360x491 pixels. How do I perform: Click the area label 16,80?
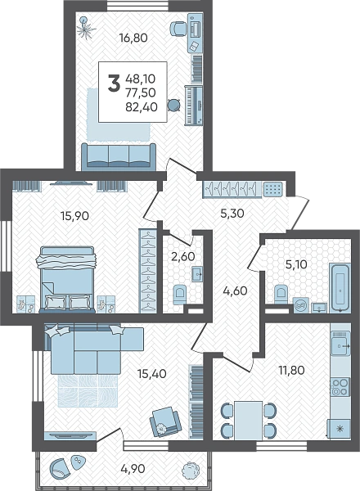pyautogui.click(x=133, y=38)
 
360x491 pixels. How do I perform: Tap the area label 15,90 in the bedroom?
pyautogui.click(x=75, y=216)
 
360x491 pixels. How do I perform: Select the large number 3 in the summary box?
pyautogui.click(x=114, y=83)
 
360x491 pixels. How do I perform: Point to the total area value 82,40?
pyautogui.click(x=142, y=107)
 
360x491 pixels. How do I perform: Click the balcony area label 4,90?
pyautogui.click(x=133, y=469)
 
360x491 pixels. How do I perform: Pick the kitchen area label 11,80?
pyautogui.click(x=291, y=370)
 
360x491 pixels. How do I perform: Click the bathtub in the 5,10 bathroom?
pyautogui.click(x=340, y=288)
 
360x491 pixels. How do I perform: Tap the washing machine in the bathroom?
pyautogui.click(x=302, y=305)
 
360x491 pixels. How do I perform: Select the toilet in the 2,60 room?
pyautogui.click(x=179, y=295)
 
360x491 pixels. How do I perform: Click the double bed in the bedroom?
pyautogui.click(x=67, y=280)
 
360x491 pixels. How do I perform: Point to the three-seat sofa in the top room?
pyautogui.click(x=119, y=156)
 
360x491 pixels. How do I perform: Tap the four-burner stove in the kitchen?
pyautogui.click(x=340, y=387)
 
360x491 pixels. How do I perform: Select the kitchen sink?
pyautogui.click(x=340, y=345)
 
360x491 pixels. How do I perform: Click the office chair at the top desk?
pyautogui.click(x=178, y=29)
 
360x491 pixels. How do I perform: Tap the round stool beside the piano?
pyautogui.click(x=173, y=104)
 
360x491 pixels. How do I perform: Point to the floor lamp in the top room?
pyautogui.click(x=86, y=28)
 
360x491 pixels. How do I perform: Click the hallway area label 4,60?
pyautogui.click(x=235, y=291)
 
